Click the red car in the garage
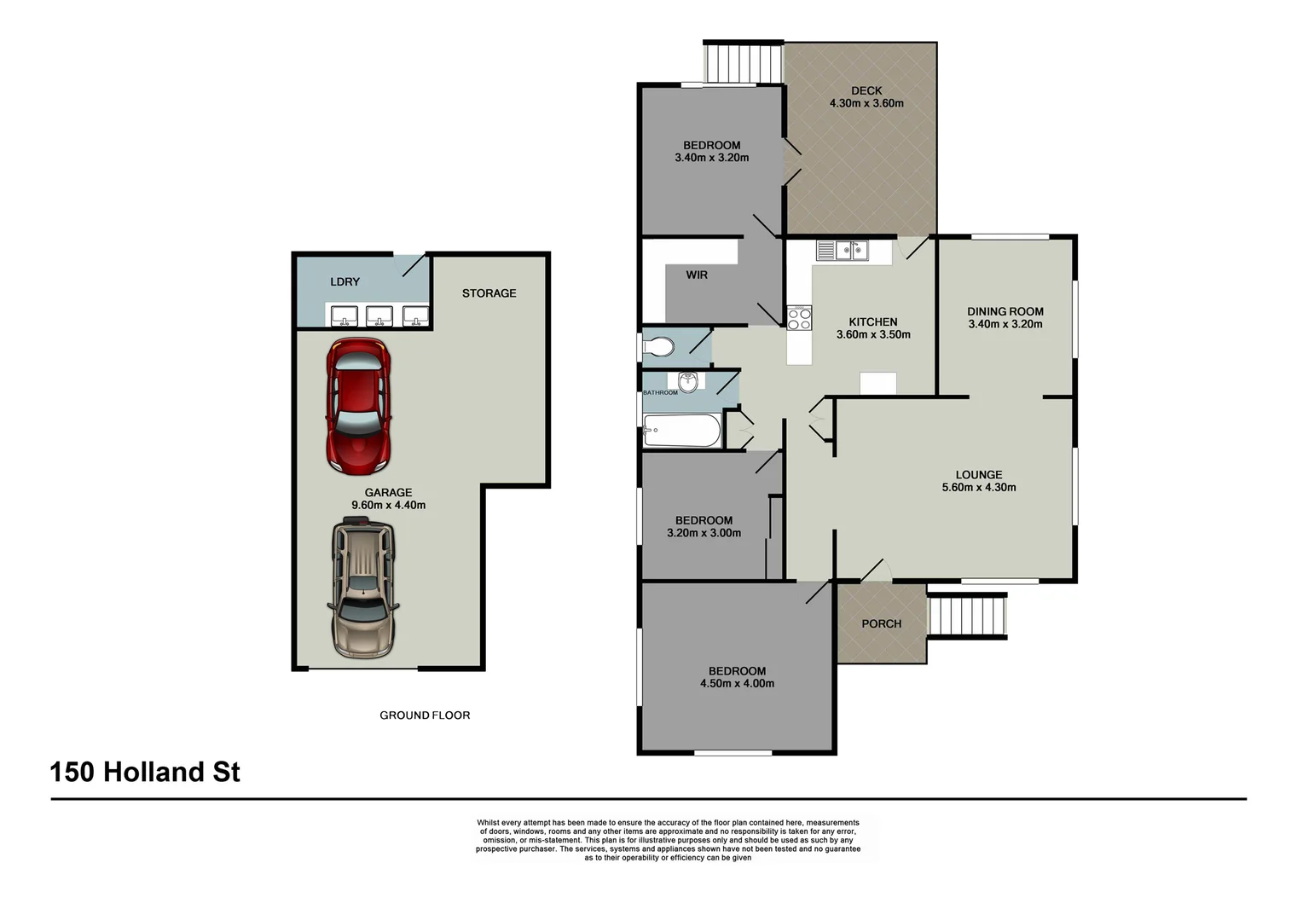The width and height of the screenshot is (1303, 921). pos(358,406)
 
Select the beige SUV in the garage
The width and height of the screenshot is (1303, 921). pos(363,588)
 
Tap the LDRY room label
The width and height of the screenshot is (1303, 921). pos(345,282)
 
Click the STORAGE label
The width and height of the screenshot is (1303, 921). pos(489,293)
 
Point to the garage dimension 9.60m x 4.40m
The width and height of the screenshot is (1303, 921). pos(388,506)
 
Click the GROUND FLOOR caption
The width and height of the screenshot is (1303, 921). pos(425,715)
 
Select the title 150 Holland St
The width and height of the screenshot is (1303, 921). pos(145,773)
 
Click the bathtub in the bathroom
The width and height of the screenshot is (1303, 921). pos(681,432)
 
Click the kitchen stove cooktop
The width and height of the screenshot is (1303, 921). pos(799,319)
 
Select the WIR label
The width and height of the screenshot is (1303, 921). pos(697,275)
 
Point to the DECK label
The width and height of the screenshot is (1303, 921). pos(866,91)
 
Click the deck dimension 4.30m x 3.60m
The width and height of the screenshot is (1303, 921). pos(866,104)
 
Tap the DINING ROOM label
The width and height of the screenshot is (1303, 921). pos(1005,312)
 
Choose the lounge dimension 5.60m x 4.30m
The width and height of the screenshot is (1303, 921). pos(978,488)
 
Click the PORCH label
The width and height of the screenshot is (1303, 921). pos(881,624)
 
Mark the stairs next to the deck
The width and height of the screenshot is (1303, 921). pos(742,62)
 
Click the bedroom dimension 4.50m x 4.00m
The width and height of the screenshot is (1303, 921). pos(737,684)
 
